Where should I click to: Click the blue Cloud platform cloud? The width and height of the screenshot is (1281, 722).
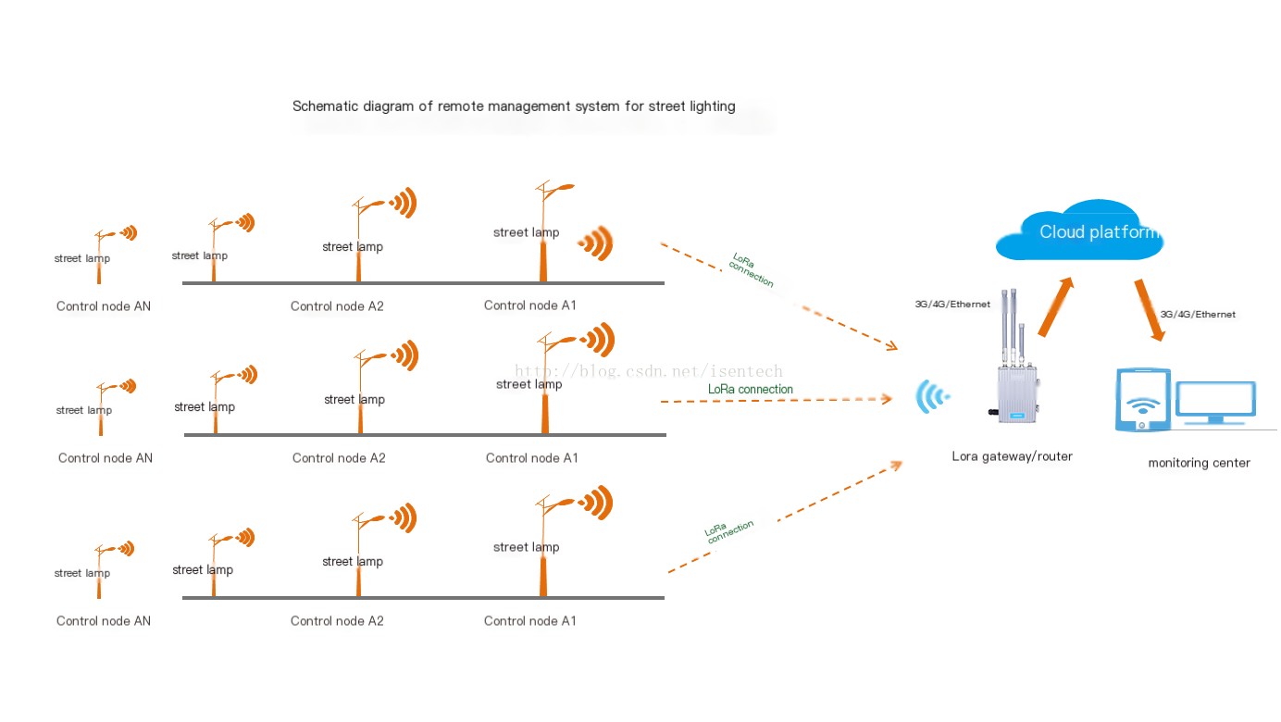tap(1080, 230)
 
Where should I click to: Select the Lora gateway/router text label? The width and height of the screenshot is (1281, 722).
tap(1012, 456)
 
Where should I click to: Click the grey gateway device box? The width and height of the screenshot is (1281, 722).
tap(1017, 394)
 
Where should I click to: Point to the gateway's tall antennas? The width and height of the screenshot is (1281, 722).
tap(1012, 326)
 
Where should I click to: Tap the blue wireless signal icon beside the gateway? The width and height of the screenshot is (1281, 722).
tap(932, 396)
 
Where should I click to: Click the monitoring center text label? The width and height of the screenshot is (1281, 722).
tap(1199, 463)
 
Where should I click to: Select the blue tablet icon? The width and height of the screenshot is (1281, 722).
tap(1142, 399)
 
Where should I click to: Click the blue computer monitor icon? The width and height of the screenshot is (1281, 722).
tap(1215, 403)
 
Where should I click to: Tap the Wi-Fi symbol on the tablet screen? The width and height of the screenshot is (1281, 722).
tap(1142, 406)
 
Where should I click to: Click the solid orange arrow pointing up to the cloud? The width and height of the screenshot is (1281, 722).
tap(1056, 306)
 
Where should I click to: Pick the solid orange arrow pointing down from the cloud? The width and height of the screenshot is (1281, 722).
tap(1150, 309)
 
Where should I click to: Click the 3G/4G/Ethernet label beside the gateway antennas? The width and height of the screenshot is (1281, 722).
tap(952, 305)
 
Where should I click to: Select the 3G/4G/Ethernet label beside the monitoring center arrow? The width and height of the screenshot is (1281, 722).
tap(1198, 315)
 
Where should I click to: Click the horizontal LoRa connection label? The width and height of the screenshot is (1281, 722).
tap(751, 389)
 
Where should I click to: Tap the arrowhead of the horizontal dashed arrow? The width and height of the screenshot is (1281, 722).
tap(887, 398)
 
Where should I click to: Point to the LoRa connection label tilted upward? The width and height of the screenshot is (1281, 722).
tap(728, 531)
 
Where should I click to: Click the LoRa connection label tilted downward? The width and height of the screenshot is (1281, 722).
tap(752, 269)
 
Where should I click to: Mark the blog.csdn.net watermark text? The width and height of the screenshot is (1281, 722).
tap(649, 371)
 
